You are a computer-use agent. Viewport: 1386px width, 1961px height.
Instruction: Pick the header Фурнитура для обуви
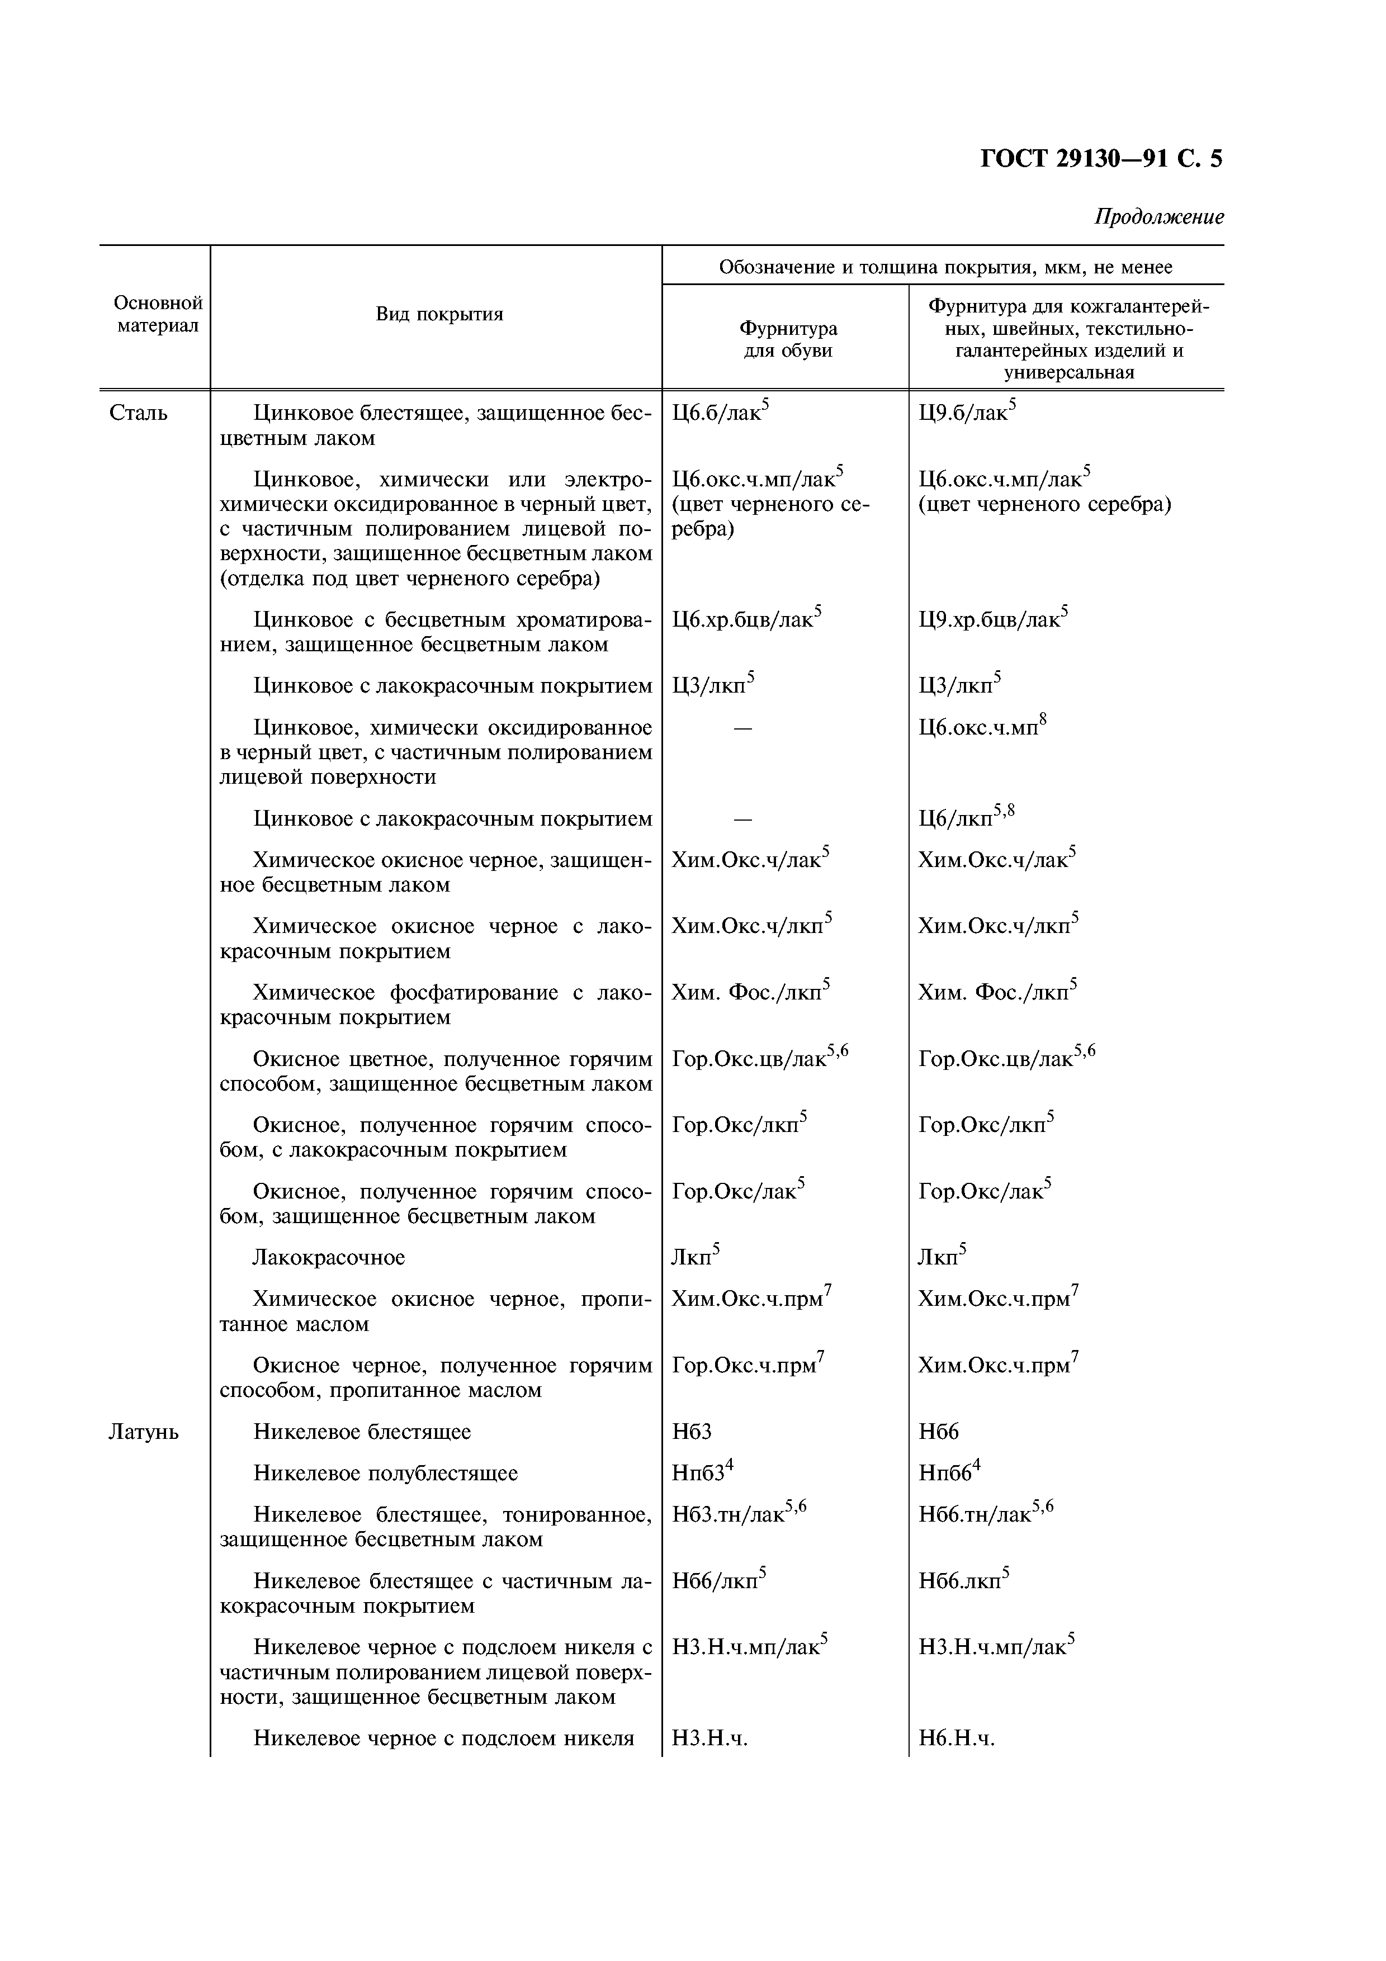[x=787, y=339]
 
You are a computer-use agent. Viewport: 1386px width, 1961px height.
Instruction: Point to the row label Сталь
[x=138, y=413]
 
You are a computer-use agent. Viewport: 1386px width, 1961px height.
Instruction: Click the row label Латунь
[x=144, y=1432]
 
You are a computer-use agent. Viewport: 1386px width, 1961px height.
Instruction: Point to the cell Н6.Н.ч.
[x=957, y=1738]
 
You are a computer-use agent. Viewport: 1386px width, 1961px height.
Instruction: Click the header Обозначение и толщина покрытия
[x=945, y=267]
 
